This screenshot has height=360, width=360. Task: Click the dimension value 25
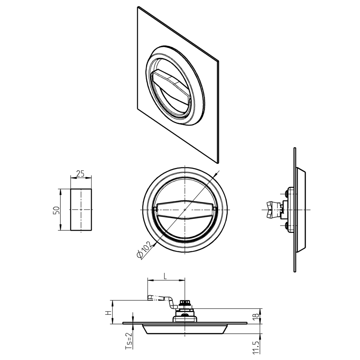coord(81,174)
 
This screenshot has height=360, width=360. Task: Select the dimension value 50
coord(56,210)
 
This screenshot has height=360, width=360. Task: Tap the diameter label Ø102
coord(144,249)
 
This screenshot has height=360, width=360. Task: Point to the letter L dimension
coord(165,276)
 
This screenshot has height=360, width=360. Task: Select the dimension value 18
coord(255,316)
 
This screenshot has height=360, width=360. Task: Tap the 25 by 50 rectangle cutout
coord(81,210)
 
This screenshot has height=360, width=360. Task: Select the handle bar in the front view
coord(185,210)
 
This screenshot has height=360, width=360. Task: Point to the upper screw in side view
coord(287,193)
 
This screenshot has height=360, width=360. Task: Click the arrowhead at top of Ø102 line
coord(215,175)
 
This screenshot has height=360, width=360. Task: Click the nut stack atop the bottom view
coord(185,304)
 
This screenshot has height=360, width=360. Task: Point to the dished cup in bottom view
coord(185,329)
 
